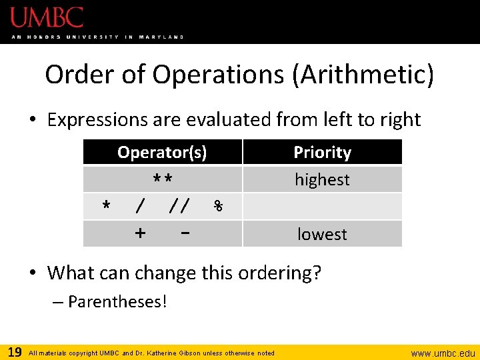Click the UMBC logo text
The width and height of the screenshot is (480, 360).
point(47,17)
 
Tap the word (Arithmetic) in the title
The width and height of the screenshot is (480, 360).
point(363,75)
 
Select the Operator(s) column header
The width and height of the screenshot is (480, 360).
point(162,153)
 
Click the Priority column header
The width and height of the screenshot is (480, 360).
point(322,153)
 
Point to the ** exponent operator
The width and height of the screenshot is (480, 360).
point(163,180)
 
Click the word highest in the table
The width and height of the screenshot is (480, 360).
point(322,180)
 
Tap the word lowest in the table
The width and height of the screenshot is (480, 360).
point(322,235)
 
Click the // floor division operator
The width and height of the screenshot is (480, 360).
point(179,207)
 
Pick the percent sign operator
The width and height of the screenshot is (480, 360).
point(218,207)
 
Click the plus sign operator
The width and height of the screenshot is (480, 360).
point(140,233)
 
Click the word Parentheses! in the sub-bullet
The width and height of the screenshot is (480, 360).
point(117,302)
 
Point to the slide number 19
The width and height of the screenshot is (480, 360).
point(13,352)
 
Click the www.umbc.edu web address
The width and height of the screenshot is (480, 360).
point(443,353)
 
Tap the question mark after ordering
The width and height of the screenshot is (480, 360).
point(316,273)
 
